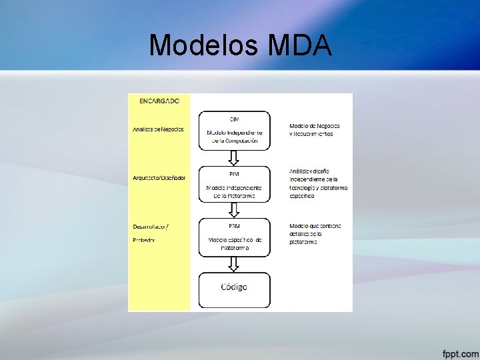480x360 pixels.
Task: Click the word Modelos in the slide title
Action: pos(204,45)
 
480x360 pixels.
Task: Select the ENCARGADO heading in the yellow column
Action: pos(159,101)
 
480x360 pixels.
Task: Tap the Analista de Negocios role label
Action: pos(158,129)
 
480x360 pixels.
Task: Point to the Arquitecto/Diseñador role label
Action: pos(159,177)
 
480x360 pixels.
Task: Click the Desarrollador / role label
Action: pos(151,225)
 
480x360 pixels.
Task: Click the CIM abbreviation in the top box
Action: pos(235,119)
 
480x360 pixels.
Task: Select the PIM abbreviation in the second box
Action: pos(235,173)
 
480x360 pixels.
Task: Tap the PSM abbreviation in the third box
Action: pos(235,225)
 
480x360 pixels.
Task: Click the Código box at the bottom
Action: pos(234,287)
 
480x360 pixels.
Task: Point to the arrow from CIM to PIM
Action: pos(234,158)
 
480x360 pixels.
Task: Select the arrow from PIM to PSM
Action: pos(234,210)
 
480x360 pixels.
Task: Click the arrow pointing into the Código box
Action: pos(234,264)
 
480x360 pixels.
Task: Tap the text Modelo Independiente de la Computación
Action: pos(235,137)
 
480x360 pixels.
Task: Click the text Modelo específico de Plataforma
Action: pos(235,243)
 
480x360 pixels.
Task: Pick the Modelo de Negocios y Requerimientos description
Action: pos(315,130)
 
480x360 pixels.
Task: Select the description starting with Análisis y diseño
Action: pos(318,183)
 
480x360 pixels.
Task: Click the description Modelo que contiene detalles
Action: pos(315,233)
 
